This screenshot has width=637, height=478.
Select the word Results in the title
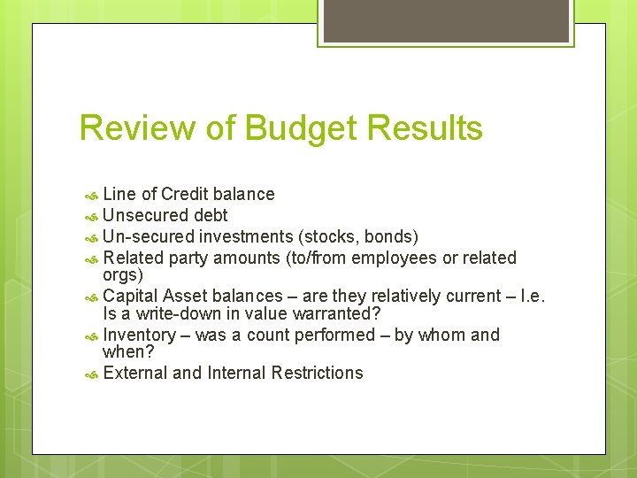tap(424, 127)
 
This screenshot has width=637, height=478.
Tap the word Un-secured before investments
tap(148, 236)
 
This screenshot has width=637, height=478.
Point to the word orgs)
tap(123, 274)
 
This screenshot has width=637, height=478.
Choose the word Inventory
tap(139, 335)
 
